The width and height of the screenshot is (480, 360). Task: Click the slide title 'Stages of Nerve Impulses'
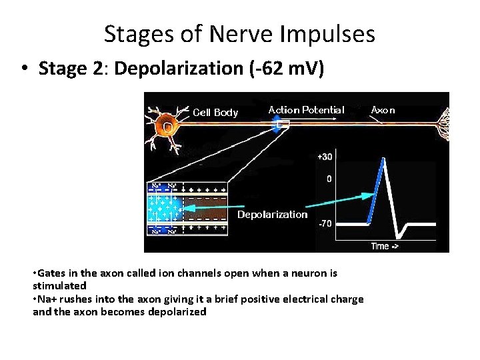pyautogui.click(x=239, y=33)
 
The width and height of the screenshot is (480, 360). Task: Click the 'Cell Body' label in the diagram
pyautogui.click(x=215, y=112)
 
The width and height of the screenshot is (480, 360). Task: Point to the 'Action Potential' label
pyautogui.click(x=306, y=109)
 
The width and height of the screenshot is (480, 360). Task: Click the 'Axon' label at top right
pyautogui.click(x=383, y=109)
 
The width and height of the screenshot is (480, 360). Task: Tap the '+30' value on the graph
pyautogui.click(x=325, y=157)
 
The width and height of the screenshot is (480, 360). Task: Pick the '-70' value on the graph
pyautogui.click(x=325, y=223)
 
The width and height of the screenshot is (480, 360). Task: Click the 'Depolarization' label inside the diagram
pyautogui.click(x=273, y=214)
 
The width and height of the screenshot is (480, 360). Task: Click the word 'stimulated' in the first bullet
pyautogui.click(x=59, y=285)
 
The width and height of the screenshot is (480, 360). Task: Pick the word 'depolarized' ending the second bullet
pyautogui.click(x=178, y=311)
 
